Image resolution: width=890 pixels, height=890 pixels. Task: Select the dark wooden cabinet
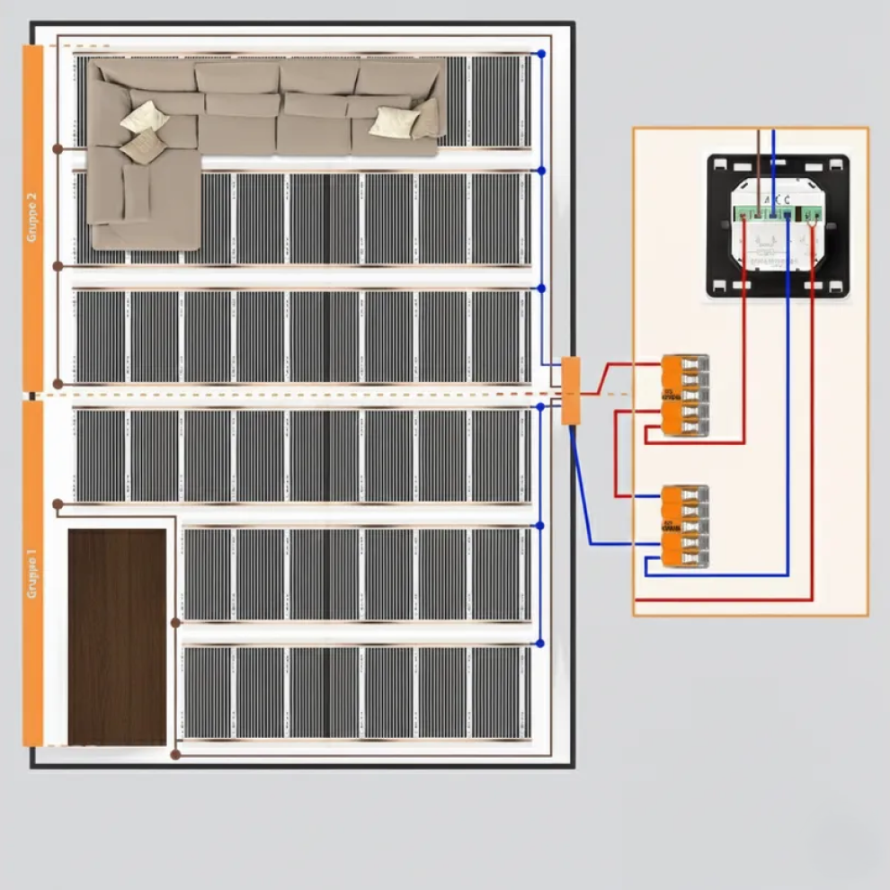pos(118,636)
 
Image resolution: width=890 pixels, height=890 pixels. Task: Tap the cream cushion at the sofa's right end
pos(393,122)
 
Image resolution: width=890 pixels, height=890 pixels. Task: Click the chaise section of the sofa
pos(144,202)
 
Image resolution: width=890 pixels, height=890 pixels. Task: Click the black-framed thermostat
pos(778,226)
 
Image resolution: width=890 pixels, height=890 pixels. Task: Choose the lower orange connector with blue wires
pos(685,526)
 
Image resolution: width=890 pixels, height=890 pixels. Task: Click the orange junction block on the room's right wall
pos(571,390)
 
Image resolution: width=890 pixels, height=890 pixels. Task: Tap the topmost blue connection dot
pos(541,55)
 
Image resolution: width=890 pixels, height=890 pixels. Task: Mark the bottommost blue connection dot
pos(540,644)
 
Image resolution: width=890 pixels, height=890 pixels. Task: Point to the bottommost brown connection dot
pos(175,754)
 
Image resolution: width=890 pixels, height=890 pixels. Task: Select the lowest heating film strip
pos(356,692)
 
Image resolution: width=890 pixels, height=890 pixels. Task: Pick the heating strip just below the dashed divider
pos(302,455)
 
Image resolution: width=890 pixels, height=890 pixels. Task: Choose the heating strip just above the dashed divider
pos(302,336)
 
